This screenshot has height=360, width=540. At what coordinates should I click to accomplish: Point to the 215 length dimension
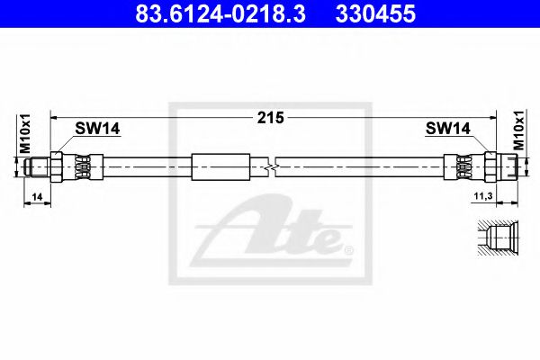(271, 118)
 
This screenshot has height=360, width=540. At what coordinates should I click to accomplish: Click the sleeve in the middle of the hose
(220, 167)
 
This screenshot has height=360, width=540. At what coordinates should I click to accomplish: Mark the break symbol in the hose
(270, 167)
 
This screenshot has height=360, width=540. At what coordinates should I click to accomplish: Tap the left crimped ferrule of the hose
(79, 167)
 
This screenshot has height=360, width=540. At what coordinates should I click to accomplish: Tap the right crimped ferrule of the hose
(463, 167)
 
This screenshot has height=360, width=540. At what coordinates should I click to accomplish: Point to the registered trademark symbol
(350, 247)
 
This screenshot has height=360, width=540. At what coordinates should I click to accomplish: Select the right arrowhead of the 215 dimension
(490, 116)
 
